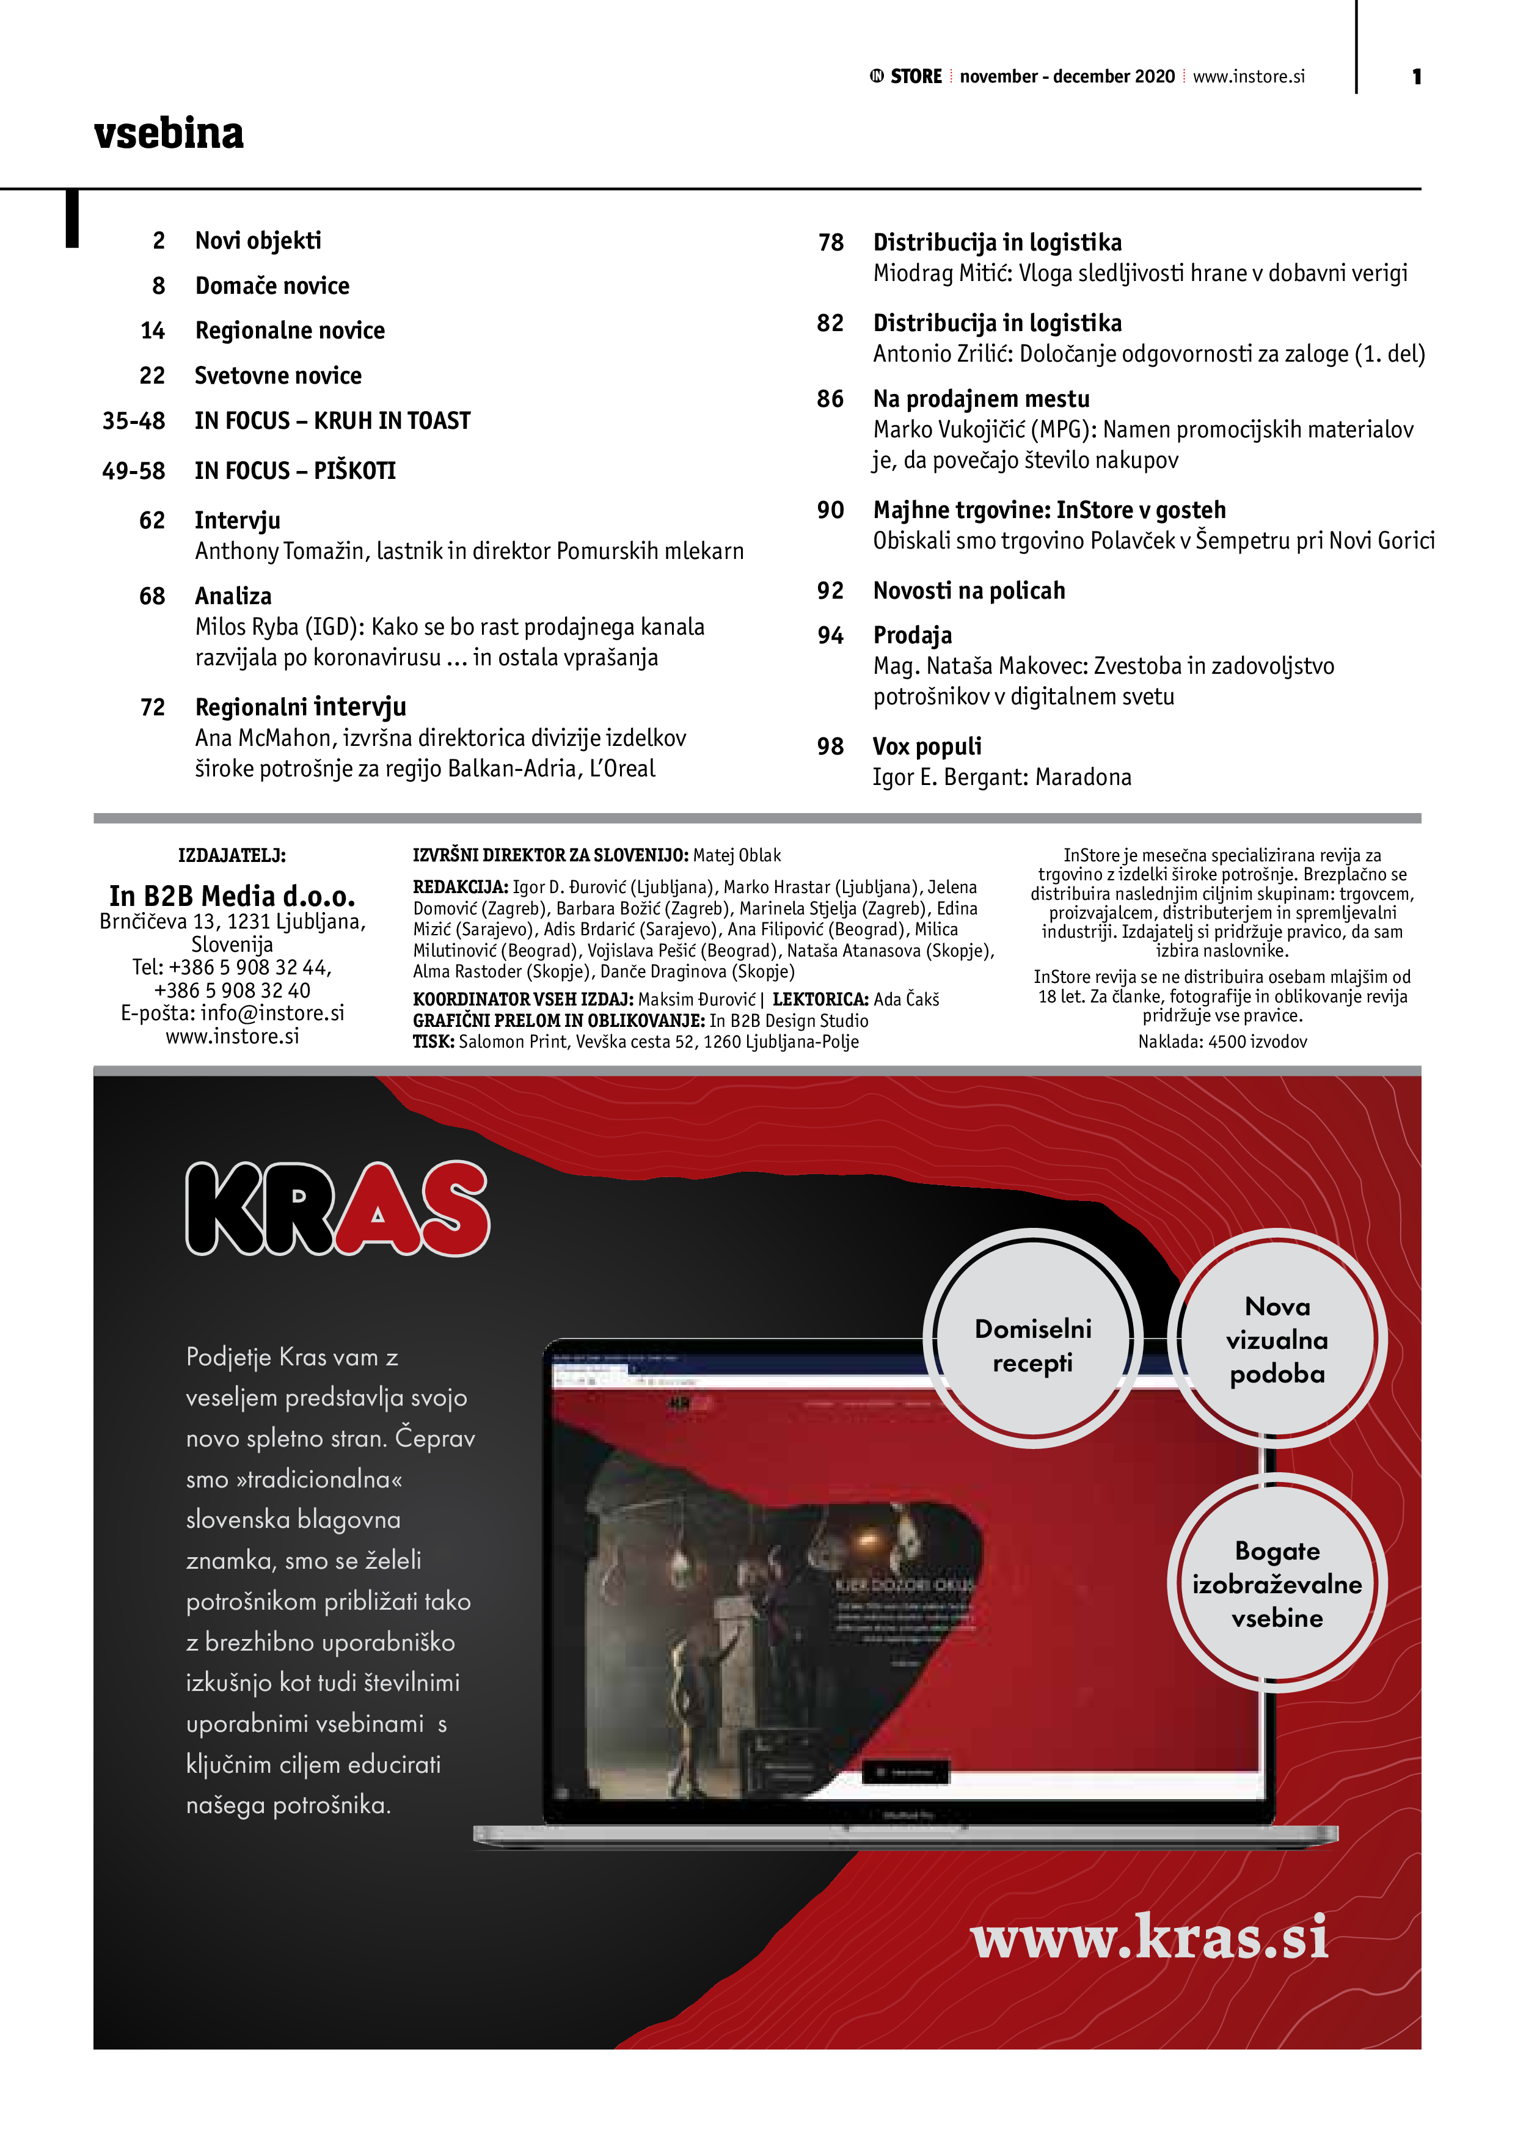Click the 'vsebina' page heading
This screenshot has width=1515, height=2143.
[x=169, y=133]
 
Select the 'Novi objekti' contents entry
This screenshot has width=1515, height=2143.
[x=258, y=241]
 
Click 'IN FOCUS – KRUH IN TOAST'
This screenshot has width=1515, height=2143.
[x=332, y=421]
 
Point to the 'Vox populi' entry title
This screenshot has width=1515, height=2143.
[x=927, y=747]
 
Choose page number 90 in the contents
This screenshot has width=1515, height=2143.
[x=830, y=511]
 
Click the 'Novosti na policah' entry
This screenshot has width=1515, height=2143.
[x=969, y=591]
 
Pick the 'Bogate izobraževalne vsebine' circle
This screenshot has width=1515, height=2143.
[x=1276, y=1584]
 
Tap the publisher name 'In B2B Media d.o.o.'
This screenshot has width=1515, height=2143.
[x=232, y=896]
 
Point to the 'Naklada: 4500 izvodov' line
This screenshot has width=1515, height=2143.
[x=1222, y=1042]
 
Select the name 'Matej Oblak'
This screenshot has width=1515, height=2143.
[x=737, y=855]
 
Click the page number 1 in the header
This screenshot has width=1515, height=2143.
[x=1416, y=76]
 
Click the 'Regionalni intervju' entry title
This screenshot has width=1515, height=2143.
[x=301, y=707]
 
